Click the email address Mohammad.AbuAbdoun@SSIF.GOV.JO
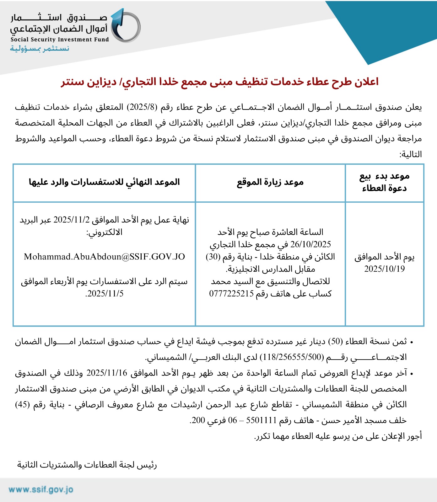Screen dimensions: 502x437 [x=104, y=257]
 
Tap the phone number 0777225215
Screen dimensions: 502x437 [x=231, y=294]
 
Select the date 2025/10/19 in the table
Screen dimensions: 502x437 [x=384, y=269]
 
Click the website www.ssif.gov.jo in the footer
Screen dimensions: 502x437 [x=41, y=490]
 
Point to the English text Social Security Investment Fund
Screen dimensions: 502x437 [x=60, y=40]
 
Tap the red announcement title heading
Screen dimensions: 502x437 [x=220, y=82]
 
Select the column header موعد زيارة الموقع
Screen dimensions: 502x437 [x=270, y=182]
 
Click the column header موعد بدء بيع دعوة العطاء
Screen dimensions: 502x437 [x=384, y=182]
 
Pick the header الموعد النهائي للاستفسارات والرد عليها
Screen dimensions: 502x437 [x=104, y=182]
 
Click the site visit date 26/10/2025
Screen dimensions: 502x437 [x=311, y=244]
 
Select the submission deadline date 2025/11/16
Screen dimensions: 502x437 [x=107, y=373]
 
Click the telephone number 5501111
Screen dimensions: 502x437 [x=261, y=420]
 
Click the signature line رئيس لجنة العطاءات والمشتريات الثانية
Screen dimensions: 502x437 [x=87, y=465]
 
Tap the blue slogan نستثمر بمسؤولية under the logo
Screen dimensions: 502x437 [x=40, y=49]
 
